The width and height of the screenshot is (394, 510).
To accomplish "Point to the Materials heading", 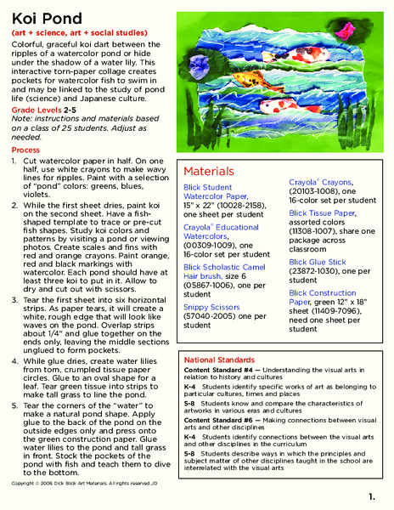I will pyautogui.click(x=209, y=171).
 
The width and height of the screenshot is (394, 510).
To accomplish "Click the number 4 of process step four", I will pyautogui.click(x=15, y=360).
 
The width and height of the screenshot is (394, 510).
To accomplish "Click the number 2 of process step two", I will pyautogui.click(x=15, y=205).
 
